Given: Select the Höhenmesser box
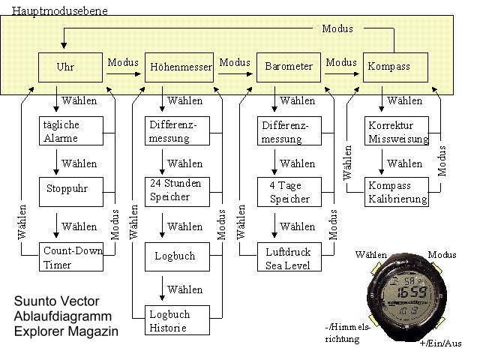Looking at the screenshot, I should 178,67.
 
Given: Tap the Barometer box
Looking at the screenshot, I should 289,67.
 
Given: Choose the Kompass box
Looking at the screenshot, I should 395,67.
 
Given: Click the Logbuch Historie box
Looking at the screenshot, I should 177,320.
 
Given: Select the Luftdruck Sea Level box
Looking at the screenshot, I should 289,257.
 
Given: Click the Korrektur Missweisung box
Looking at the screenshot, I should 397,131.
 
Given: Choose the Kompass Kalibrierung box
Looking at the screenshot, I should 397,192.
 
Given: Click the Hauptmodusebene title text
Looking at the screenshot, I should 54,10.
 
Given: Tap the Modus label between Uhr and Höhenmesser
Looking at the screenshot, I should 123,61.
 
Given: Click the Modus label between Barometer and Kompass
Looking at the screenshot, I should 342,61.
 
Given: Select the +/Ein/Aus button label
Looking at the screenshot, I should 439,343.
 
